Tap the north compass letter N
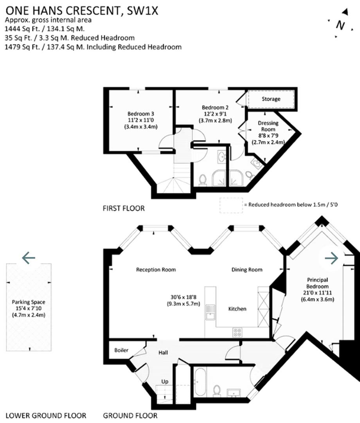pos(340,25)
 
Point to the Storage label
pos(271,99)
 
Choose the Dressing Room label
pos(268,126)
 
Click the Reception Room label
pos(156,269)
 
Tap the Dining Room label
pos(247,269)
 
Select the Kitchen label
pos(238,309)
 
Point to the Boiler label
pos(121,350)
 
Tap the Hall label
pos(163,353)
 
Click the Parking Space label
pos(28,302)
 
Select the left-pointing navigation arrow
pos(29,258)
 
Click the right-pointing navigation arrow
pos(331,258)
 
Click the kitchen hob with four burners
pos(238,333)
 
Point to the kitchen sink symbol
pos(210,311)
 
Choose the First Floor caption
pos(124,208)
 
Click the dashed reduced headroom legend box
pos(230,205)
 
